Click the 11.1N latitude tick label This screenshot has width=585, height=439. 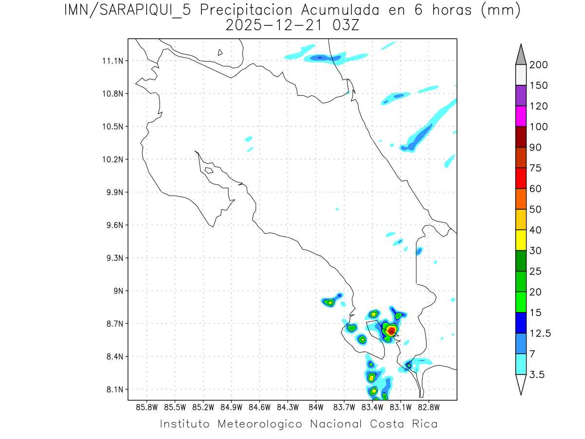click(x=112, y=61)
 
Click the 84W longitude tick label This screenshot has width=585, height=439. click(x=316, y=407)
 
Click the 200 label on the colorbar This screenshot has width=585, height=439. click(x=539, y=65)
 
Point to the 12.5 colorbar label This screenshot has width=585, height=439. click(x=541, y=333)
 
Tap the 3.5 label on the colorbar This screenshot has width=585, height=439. click(x=537, y=375)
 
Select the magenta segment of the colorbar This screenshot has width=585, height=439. click(x=521, y=116)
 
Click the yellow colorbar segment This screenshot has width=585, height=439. click(x=521, y=240)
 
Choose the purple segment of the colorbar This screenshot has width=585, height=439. click(x=521, y=96)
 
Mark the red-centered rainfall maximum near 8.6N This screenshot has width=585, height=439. click(x=391, y=331)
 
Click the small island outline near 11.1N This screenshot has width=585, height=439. click(x=220, y=52)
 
